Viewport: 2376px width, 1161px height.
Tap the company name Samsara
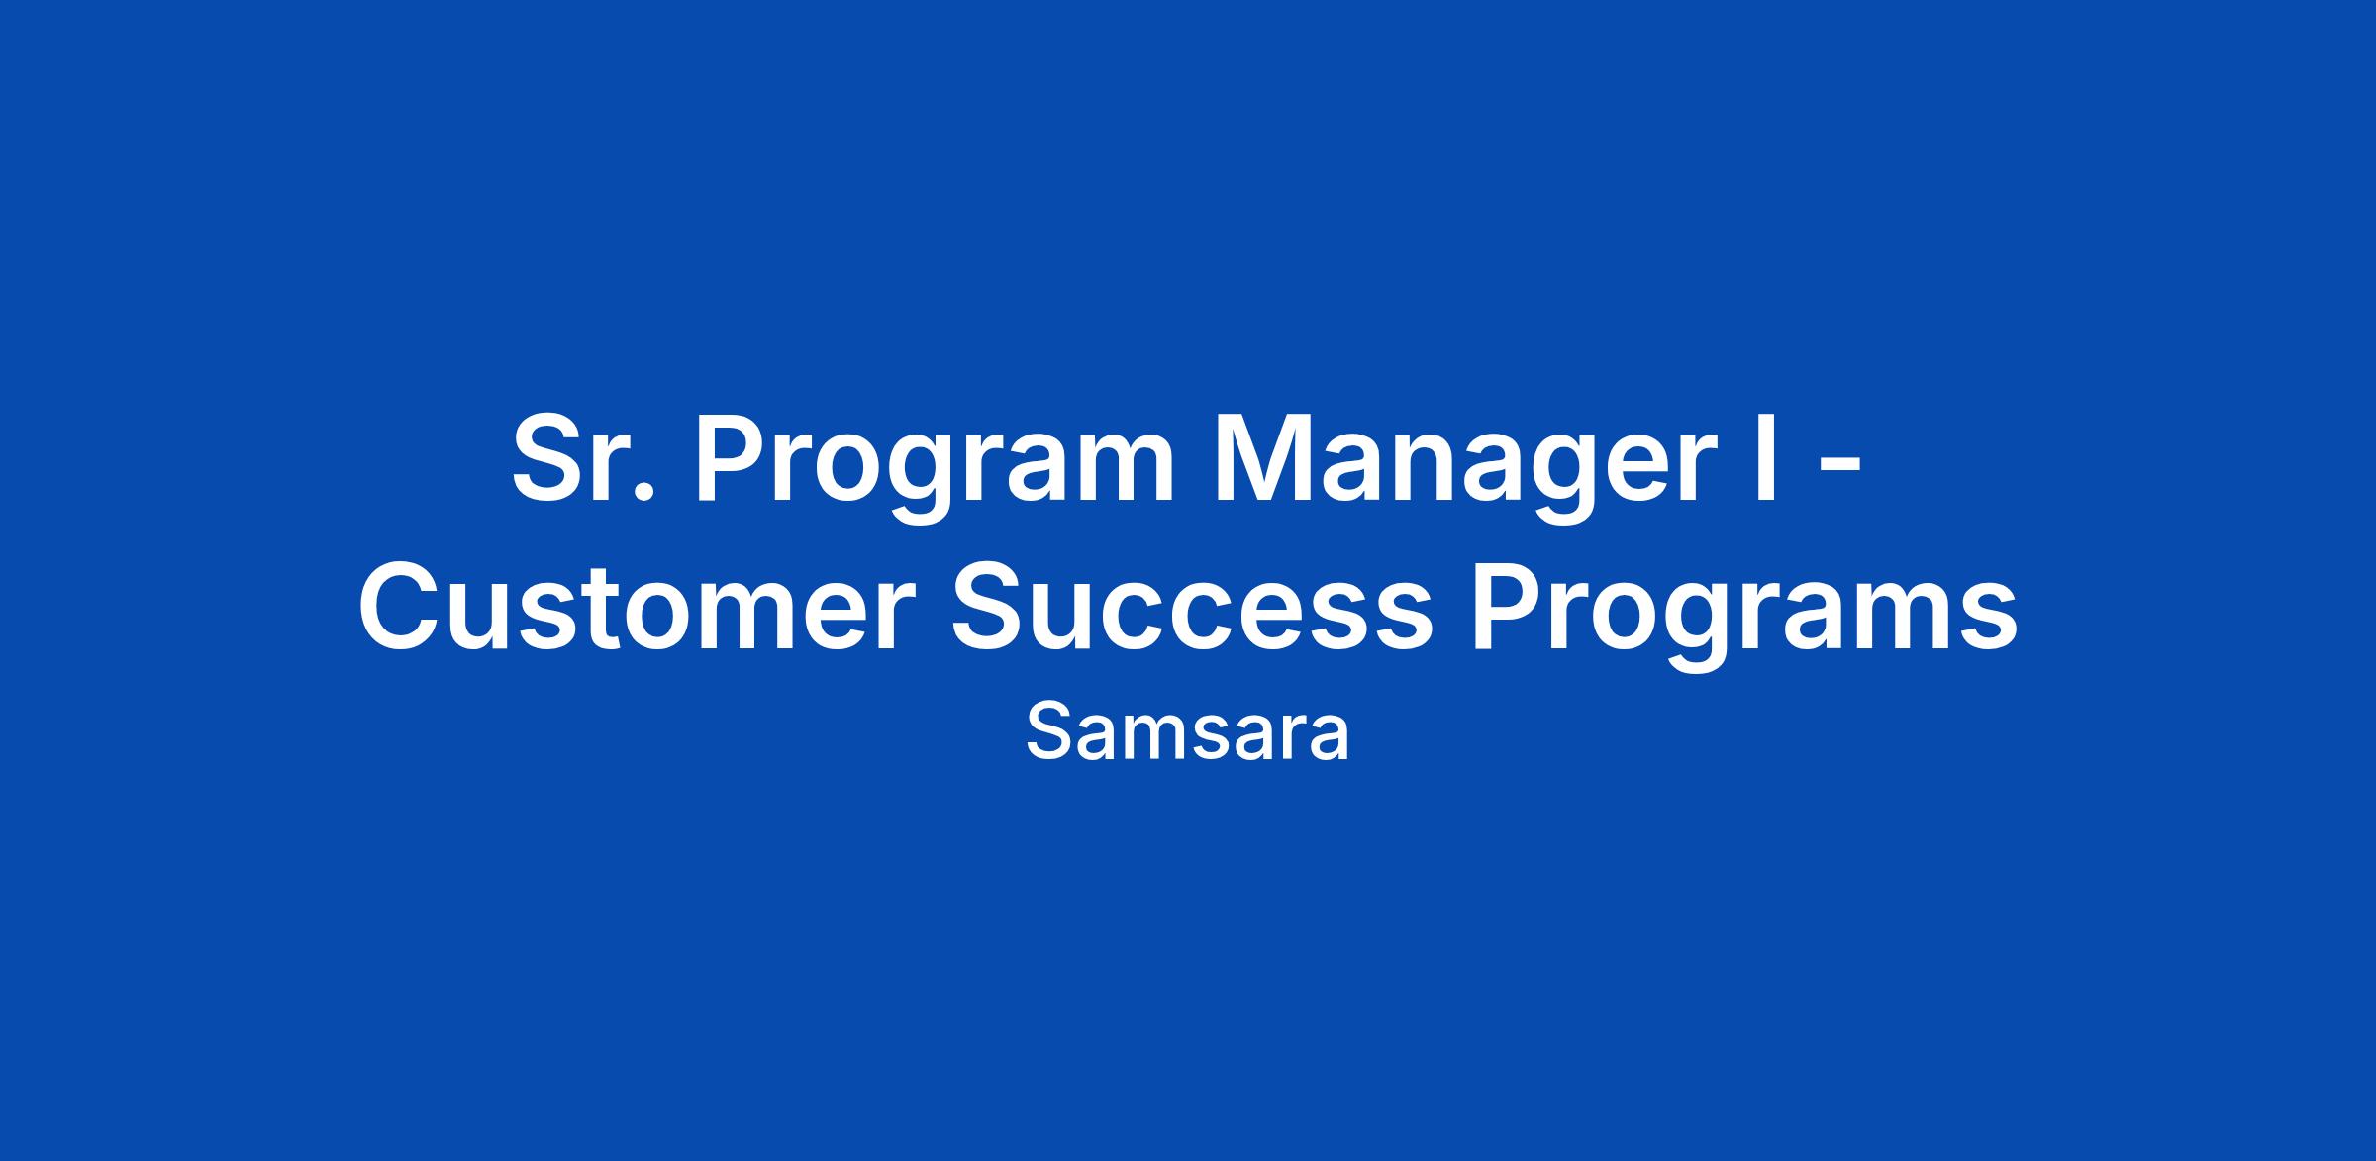(x=1188, y=733)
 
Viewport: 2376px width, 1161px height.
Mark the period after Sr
(x=644, y=492)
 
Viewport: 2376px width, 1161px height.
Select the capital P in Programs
(x=1508, y=607)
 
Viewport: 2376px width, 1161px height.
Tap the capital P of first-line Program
(x=733, y=459)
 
